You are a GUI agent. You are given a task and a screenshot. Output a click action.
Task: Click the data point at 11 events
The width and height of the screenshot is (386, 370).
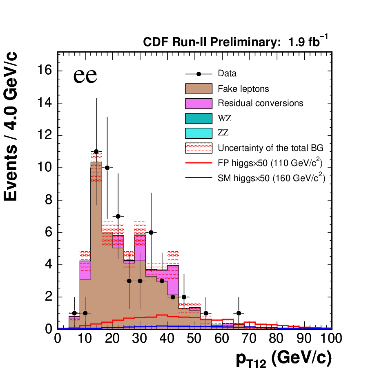point(96,151)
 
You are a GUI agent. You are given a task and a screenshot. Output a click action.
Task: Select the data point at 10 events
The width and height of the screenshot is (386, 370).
point(107,168)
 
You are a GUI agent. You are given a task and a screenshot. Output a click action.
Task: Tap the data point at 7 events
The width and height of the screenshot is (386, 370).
point(118,216)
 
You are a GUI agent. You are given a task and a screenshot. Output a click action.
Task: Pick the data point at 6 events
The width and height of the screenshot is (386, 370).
point(151,233)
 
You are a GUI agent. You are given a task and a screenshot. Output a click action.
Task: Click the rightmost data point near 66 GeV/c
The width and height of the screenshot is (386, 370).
point(239,313)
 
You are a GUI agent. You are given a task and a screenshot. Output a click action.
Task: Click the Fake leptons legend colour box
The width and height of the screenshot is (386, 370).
point(199,89)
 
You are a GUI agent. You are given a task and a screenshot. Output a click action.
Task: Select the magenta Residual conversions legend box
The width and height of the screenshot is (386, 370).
point(199,104)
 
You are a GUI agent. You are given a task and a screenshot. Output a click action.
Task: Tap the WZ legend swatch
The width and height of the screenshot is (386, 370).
point(199,118)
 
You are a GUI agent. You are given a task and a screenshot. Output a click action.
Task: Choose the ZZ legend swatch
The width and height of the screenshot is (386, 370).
point(199,133)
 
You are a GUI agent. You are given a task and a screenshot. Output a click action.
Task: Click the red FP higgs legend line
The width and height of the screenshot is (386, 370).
point(199,163)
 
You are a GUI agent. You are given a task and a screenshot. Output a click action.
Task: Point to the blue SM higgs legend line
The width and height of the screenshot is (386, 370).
point(199,177)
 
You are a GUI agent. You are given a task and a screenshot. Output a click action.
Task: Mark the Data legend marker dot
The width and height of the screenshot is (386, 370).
point(199,74)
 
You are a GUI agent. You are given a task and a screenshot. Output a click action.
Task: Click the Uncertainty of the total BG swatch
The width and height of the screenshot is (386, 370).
point(199,148)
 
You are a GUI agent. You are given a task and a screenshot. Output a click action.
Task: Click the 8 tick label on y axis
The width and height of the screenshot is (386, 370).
point(49,200)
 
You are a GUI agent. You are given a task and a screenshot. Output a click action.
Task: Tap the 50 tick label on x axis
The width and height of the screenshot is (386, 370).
point(194,338)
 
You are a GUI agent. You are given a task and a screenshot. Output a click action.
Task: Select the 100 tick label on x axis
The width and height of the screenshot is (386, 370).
point(331,338)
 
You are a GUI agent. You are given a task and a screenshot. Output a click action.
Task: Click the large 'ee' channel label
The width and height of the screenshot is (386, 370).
point(85,75)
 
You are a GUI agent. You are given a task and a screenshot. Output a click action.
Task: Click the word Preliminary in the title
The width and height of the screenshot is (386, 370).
point(245,42)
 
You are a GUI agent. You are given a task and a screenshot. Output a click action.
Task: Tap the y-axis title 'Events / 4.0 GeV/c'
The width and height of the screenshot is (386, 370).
point(11,126)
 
